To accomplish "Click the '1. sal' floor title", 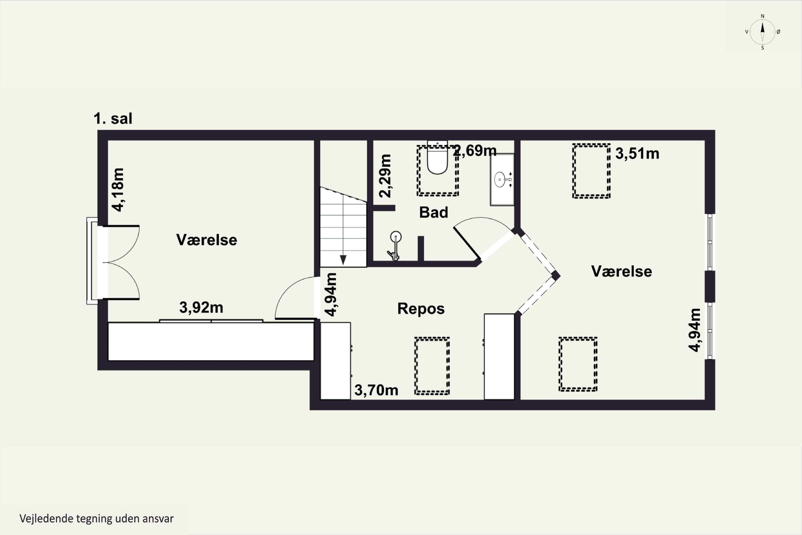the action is pyautogui.click(x=113, y=119).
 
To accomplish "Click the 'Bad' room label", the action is pyautogui.click(x=433, y=212).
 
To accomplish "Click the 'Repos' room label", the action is pyautogui.click(x=421, y=308).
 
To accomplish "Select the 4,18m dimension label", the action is pyautogui.click(x=118, y=190).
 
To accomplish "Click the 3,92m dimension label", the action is pyautogui.click(x=201, y=307).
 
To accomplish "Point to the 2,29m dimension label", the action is pyautogui.click(x=385, y=176).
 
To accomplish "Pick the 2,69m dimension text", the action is pyautogui.click(x=475, y=150).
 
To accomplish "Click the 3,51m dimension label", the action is pyautogui.click(x=637, y=154).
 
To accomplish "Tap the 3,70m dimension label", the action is pyautogui.click(x=376, y=390).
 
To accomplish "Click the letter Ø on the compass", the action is pyautogui.click(x=778, y=32).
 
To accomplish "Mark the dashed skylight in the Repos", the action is pyautogui.click(x=432, y=366).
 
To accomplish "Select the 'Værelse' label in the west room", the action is pyautogui.click(x=206, y=240).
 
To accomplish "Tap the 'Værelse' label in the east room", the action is pyautogui.click(x=621, y=271).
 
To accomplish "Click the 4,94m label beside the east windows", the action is pyautogui.click(x=694, y=330).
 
